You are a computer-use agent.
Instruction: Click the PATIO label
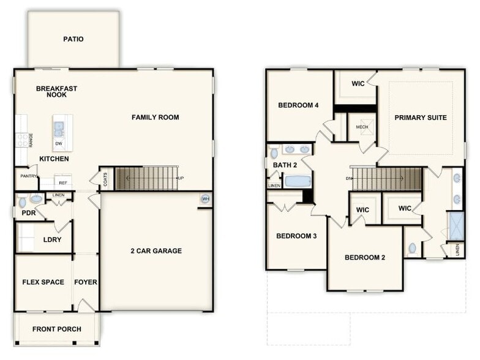[x=73, y=39]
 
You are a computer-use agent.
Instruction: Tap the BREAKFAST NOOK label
[x=56, y=92]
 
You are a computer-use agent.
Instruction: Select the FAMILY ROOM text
[x=156, y=117]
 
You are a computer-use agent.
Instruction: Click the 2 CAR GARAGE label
[x=156, y=250]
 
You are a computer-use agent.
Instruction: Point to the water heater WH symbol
[x=205, y=199]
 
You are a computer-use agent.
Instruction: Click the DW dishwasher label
[x=59, y=143]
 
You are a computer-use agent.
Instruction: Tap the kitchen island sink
[x=59, y=128]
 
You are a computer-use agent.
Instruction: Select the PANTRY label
[x=28, y=176]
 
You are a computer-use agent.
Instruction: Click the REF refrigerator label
[x=62, y=182]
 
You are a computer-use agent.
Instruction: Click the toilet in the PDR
[x=22, y=201]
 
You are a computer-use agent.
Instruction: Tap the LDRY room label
[x=52, y=239]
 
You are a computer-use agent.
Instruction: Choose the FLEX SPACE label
[x=43, y=282]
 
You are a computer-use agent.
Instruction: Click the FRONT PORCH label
[x=56, y=329]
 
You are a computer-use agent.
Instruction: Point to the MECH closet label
[x=362, y=127]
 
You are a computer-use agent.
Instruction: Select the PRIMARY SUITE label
[x=420, y=118]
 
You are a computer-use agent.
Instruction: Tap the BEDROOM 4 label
[x=298, y=105]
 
